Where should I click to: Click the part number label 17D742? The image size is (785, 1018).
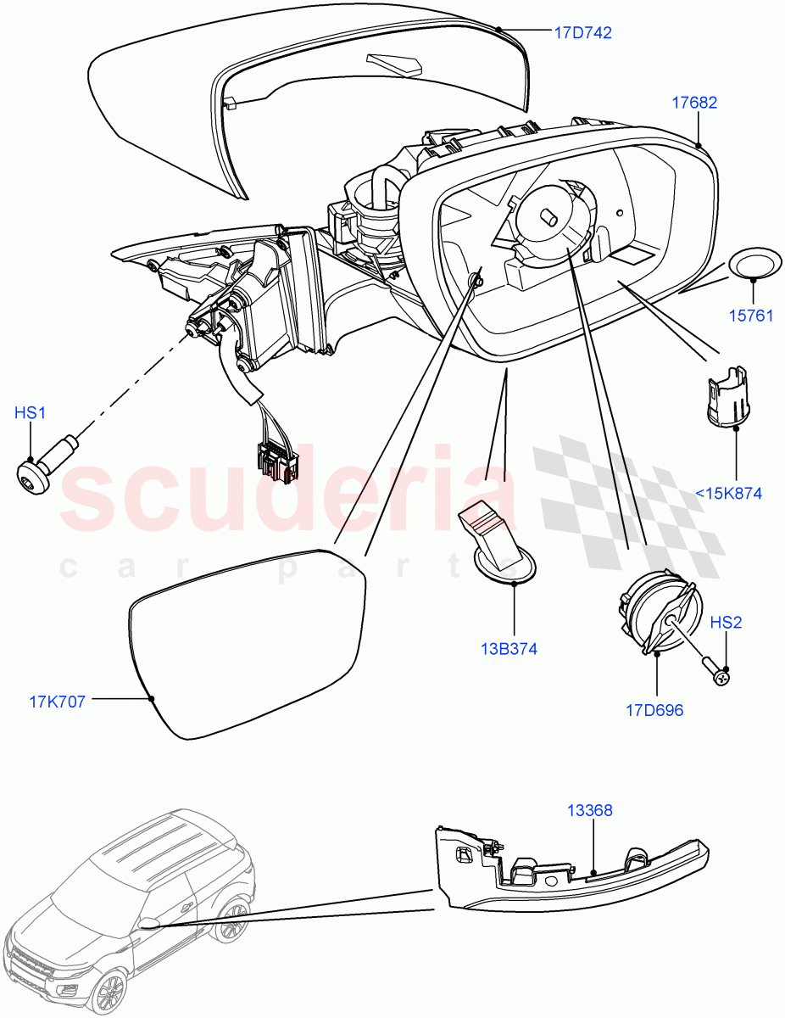coord(582,33)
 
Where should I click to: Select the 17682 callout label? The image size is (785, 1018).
coord(694,103)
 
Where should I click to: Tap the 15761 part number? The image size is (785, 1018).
coord(750,316)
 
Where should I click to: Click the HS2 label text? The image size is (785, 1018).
coord(726,623)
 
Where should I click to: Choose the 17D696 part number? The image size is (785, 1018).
coord(654,710)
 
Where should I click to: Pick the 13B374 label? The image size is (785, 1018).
coord(509,649)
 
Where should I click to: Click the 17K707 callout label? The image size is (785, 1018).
coord(58,702)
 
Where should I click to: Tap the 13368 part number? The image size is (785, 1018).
coord(590,810)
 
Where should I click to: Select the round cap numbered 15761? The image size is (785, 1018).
coord(756,265)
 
